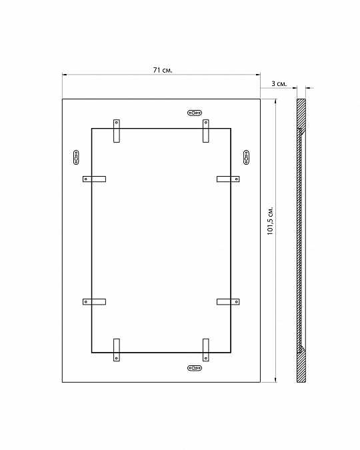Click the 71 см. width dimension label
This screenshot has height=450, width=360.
pos(163,70)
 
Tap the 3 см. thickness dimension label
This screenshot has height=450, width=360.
pos(279,84)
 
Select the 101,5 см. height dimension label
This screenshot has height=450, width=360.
pos(271,221)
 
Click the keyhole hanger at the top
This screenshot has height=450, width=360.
pos(195,113)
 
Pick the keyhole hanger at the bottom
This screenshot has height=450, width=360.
pos(195,368)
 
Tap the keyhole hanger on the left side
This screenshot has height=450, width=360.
pos(76,157)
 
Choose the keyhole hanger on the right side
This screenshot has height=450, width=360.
pos(246,157)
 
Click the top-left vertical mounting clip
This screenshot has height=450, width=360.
pos(117,131)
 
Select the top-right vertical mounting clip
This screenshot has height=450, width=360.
pos(206,131)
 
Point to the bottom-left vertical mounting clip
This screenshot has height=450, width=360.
pos(117,350)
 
